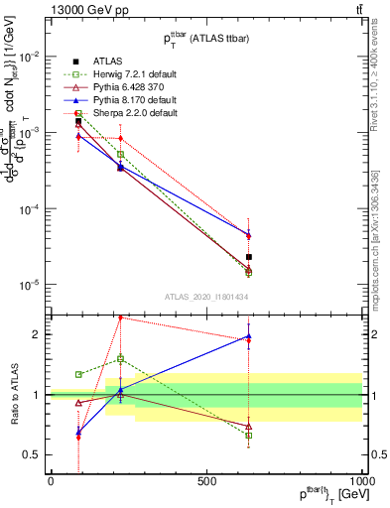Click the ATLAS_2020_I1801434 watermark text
pyautogui.click(x=205, y=297)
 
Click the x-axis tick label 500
pyautogui.click(x=206, y=480)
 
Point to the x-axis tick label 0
pyautogui.click(x=51, y=480)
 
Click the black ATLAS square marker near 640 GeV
pyautogui.click(x=249, y=257)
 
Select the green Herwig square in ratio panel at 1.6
pyautogui.click(x=121, y=358)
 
